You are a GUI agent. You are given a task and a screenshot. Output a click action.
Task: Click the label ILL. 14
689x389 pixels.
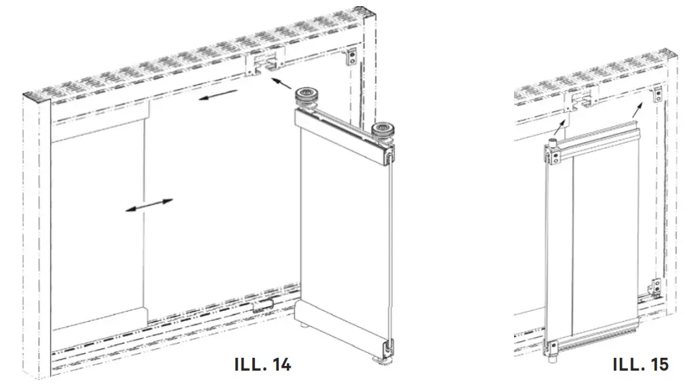click(x=262, y=364)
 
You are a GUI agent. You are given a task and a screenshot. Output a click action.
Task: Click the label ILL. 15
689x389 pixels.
click(x=640, y=364)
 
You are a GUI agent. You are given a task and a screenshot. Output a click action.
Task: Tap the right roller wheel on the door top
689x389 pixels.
click(x=384, y=130)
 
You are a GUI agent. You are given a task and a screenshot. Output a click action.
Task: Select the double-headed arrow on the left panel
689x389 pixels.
click(x=149, y=205)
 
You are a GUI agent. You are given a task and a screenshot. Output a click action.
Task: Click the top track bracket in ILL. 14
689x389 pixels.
click(x=262, y=64)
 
